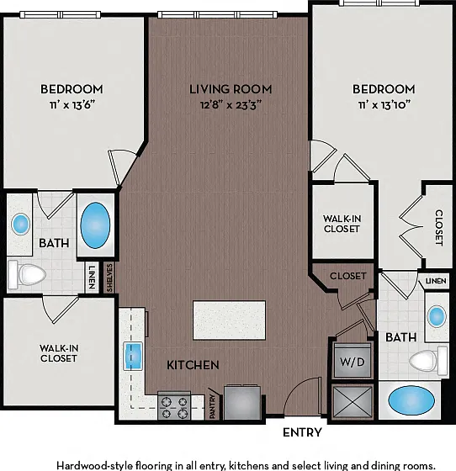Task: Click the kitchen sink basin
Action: point(132,356)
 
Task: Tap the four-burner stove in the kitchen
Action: point(174,405)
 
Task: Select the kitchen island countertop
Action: point(229,320)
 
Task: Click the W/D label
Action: point(352,362)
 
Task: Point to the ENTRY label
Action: point(302,432)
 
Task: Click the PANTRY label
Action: point(212,407)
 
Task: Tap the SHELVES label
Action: point(109,278)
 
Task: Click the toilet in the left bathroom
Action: point(27,274)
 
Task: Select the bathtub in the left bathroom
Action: point(95,225)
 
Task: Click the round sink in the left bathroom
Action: point(21,224)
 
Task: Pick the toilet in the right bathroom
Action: point(428,361)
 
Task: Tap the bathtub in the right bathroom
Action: point(411,400)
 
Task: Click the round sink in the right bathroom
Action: point(437,316)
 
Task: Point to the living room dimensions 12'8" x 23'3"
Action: point(231,105)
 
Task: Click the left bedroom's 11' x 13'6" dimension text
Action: point(72,105)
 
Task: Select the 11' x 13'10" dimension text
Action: point(384,105)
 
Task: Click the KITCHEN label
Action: point(193,365)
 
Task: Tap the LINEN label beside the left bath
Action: point(92,278)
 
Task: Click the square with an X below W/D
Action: point(353,402)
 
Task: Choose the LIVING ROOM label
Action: point(231,89)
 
